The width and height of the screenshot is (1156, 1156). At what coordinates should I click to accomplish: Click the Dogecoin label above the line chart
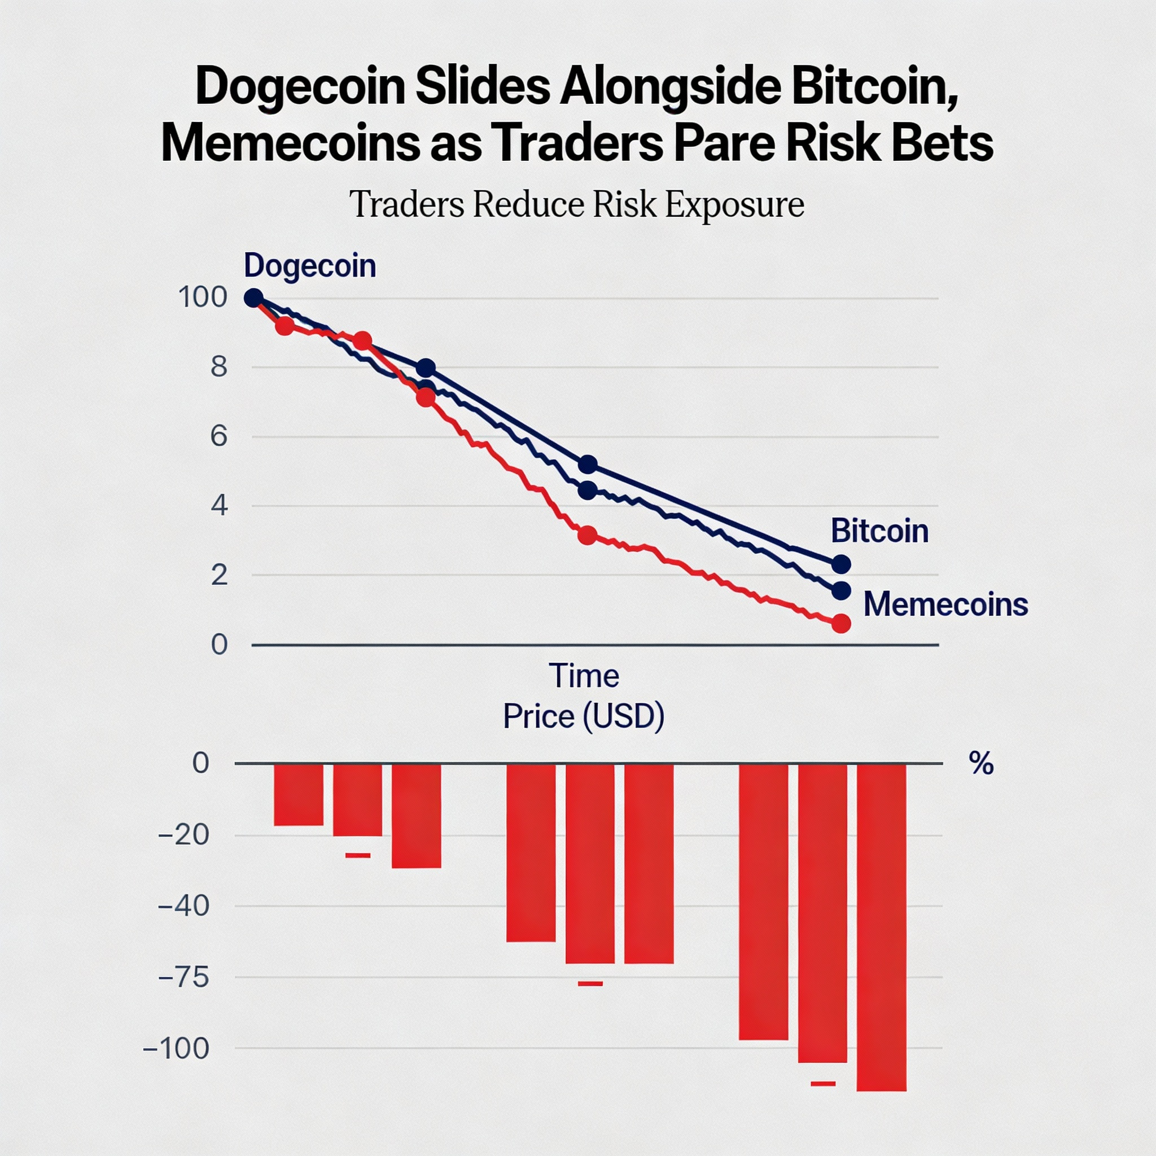[310, 266]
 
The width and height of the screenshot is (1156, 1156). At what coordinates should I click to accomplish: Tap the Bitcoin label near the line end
[879, 531]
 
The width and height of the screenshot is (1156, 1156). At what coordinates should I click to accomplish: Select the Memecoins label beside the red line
[945, 605]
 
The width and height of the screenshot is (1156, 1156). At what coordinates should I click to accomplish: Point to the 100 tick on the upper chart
[203, 297]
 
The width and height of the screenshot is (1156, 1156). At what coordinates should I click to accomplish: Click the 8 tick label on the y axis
[219, 367]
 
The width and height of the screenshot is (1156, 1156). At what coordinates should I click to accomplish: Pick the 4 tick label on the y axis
[219, 506]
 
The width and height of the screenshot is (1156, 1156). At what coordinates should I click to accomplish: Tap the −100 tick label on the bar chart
[176, 1048]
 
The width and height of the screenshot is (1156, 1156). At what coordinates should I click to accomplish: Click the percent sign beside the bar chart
[981, 764]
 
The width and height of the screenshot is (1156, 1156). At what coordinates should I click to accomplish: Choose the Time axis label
[584, 676]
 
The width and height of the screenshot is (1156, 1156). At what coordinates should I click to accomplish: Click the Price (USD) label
[584, 716]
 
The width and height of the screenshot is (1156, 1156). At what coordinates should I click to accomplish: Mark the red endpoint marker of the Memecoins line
[841, 624]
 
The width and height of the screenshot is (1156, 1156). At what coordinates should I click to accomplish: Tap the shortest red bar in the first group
[299, 795]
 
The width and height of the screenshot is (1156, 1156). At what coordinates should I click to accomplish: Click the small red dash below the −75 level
[590, 984]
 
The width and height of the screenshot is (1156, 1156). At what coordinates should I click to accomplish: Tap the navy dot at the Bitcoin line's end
[841, 564]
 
